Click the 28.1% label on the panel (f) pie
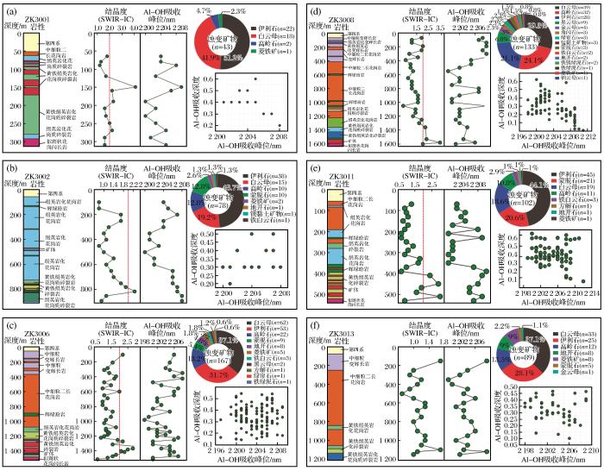(525, 373)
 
